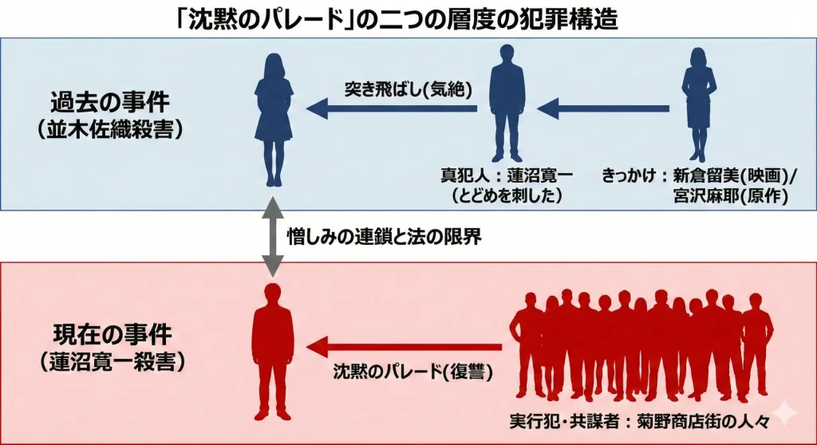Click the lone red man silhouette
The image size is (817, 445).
pyautogui.click(x=273, y=351)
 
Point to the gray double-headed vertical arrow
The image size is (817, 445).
pyautogui.click(x=273, y=237)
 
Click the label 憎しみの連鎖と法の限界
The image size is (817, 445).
pyautogui.click(x=385, y=237)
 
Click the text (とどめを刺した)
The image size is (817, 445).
pyautogui.click(x=507, y=195)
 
